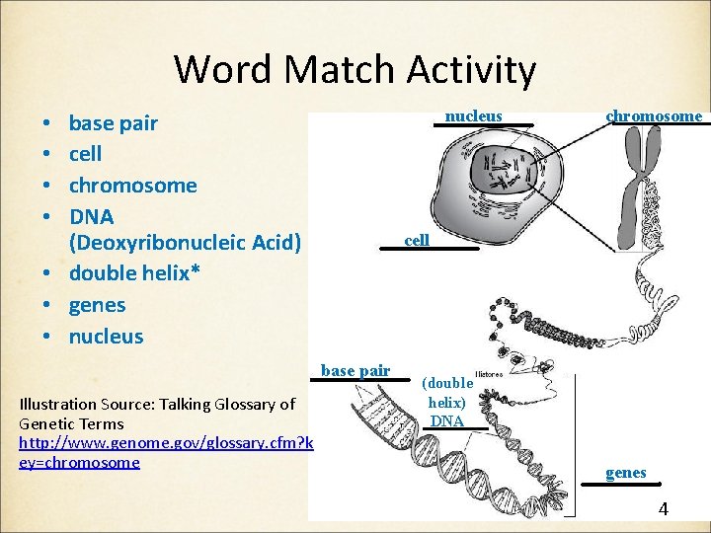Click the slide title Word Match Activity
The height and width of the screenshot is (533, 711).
[355, 70]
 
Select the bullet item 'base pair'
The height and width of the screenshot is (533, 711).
[113, 123]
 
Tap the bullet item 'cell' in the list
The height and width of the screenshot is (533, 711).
[85, 154]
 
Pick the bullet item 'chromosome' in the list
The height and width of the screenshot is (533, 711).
[132, 185]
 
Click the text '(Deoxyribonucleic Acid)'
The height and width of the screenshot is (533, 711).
[184, 243]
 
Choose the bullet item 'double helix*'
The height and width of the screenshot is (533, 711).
[134, 273]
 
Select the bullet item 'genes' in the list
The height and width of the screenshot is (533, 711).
[97, 304]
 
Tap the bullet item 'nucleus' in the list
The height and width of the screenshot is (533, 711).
[106, 336]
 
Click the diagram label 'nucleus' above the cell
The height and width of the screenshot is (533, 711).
[473, 116]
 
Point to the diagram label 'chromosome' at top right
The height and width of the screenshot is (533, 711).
[654, 116]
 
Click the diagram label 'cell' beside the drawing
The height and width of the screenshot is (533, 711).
[417, 240]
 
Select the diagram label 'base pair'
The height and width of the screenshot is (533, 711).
[355, 371]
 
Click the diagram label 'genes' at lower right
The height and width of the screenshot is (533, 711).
[625, 473]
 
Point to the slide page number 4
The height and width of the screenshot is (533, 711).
[663, 509]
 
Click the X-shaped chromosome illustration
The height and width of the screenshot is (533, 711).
[637, 168]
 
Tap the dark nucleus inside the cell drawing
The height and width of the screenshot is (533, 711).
[504, 178]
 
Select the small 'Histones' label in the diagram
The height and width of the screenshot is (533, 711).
[488, 375]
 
